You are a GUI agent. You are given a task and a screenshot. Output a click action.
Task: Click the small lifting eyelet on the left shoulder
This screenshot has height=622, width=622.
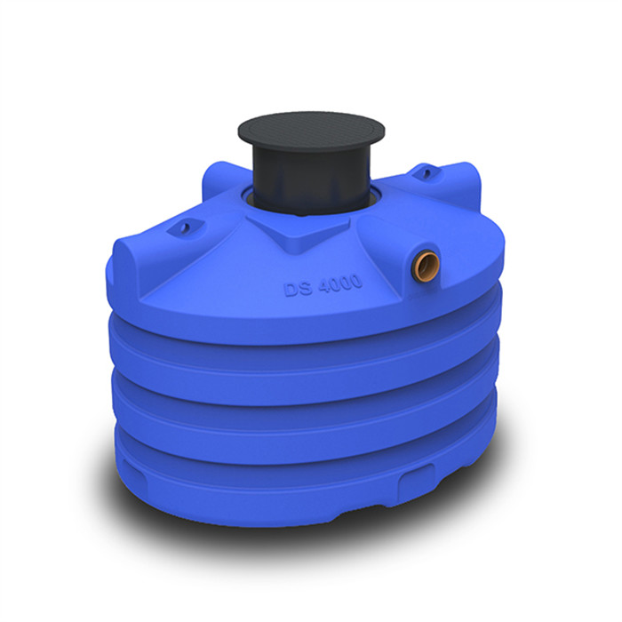coord(184,228)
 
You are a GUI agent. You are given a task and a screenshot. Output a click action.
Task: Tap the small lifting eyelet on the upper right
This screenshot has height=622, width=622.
coord(426,168)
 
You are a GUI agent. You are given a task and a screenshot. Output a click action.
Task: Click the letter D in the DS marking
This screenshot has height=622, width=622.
coord(290,290)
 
